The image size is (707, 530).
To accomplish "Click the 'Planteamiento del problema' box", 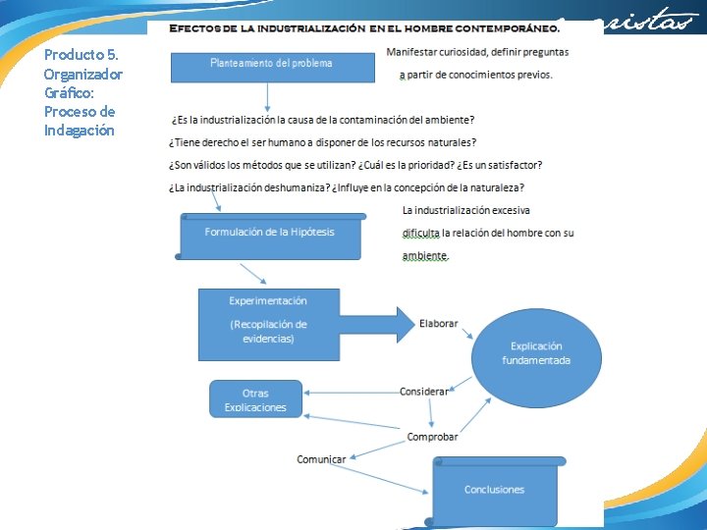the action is [x=272, y=67].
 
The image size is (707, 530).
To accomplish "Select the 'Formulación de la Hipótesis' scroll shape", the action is [x=270, y=237].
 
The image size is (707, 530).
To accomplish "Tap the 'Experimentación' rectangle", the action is [x=268, y=323].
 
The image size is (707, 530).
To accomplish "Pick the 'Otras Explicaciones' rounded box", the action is [x=255, y=398].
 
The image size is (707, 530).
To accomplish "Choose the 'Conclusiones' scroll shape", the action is [x=496, y=490].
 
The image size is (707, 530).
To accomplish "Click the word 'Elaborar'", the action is [x=439, y=324].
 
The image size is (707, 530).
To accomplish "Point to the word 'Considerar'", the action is [x=424, y=392].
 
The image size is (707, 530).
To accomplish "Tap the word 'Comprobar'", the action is [x=432, y=437].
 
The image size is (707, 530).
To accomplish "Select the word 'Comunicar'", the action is [x=322, y=459].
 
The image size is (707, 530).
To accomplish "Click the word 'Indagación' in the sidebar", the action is [x=80, y=131].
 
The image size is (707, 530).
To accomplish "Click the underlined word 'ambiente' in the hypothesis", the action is [x=424, y=256].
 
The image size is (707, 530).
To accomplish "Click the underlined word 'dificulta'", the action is [x=421, y=234].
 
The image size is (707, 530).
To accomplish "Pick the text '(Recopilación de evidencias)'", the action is [x=268, y=332].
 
